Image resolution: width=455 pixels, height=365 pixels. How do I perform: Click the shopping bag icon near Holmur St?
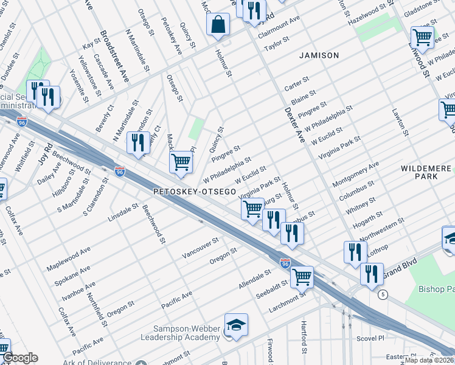click(x=218, y=26)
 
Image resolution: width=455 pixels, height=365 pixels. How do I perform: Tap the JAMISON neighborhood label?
click(x=319, y=55)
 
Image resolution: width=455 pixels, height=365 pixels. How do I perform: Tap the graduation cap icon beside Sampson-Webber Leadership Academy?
click(x=236, y=325)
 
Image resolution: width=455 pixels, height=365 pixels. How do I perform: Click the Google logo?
click(x=20, y=358)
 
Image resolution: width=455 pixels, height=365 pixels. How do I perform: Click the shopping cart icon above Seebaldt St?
click(x=302, y=277)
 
